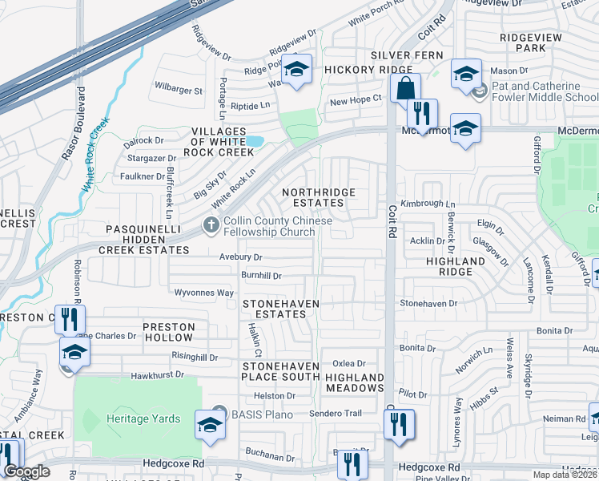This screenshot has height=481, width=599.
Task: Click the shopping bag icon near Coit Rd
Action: (x=407, y=87)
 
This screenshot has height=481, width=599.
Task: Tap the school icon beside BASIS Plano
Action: (x=210, y=426)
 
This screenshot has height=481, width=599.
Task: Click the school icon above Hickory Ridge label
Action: (x=296, y=69)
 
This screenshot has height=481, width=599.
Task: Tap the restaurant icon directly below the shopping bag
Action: (x=422, y=113)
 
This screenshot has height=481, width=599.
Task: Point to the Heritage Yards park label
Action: (x=143, y=418)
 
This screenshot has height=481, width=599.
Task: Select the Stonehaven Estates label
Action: (x=280, y=309)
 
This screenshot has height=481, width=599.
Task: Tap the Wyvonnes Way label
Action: (x=204, y=293)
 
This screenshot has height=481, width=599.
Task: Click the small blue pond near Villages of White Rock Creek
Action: (x=255, y=142)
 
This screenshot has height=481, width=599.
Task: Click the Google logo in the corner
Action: (x=26, y=472)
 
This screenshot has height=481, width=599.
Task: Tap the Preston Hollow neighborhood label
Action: (x=168, y=332)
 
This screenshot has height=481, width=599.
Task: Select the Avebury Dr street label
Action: (x=240, y=257)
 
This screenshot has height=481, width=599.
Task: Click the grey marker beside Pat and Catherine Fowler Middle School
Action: (x=479, y=92)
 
